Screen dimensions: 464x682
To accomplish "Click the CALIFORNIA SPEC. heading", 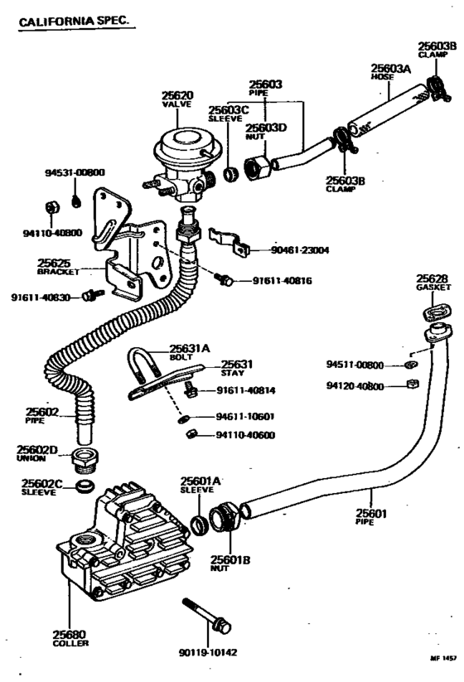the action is (75, 21).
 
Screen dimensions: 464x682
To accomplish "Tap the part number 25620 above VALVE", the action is (177, 95).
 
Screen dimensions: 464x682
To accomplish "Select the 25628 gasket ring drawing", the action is (436, 312).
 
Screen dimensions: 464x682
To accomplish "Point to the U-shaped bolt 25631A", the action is (143, 363).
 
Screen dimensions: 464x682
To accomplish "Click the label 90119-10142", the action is (208, 652).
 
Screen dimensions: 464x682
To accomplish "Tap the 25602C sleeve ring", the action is (84, 486).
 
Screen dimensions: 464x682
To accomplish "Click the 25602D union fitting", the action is (85, 460).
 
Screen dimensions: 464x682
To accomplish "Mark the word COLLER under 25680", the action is (70, 643).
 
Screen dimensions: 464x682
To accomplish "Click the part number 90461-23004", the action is (300, 250).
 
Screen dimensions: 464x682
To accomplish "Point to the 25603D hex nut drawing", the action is (258, 168).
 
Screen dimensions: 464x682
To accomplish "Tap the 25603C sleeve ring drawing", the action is (231, 173).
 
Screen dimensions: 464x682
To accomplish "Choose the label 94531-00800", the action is (75, 172).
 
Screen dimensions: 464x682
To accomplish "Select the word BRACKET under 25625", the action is (58, 272).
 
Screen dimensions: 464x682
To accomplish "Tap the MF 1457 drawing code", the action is (442, 659).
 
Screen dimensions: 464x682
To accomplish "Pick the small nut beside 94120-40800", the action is (413, 384).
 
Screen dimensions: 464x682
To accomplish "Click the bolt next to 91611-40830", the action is (94, 294).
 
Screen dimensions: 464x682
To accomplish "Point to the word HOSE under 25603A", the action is (382, 77).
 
